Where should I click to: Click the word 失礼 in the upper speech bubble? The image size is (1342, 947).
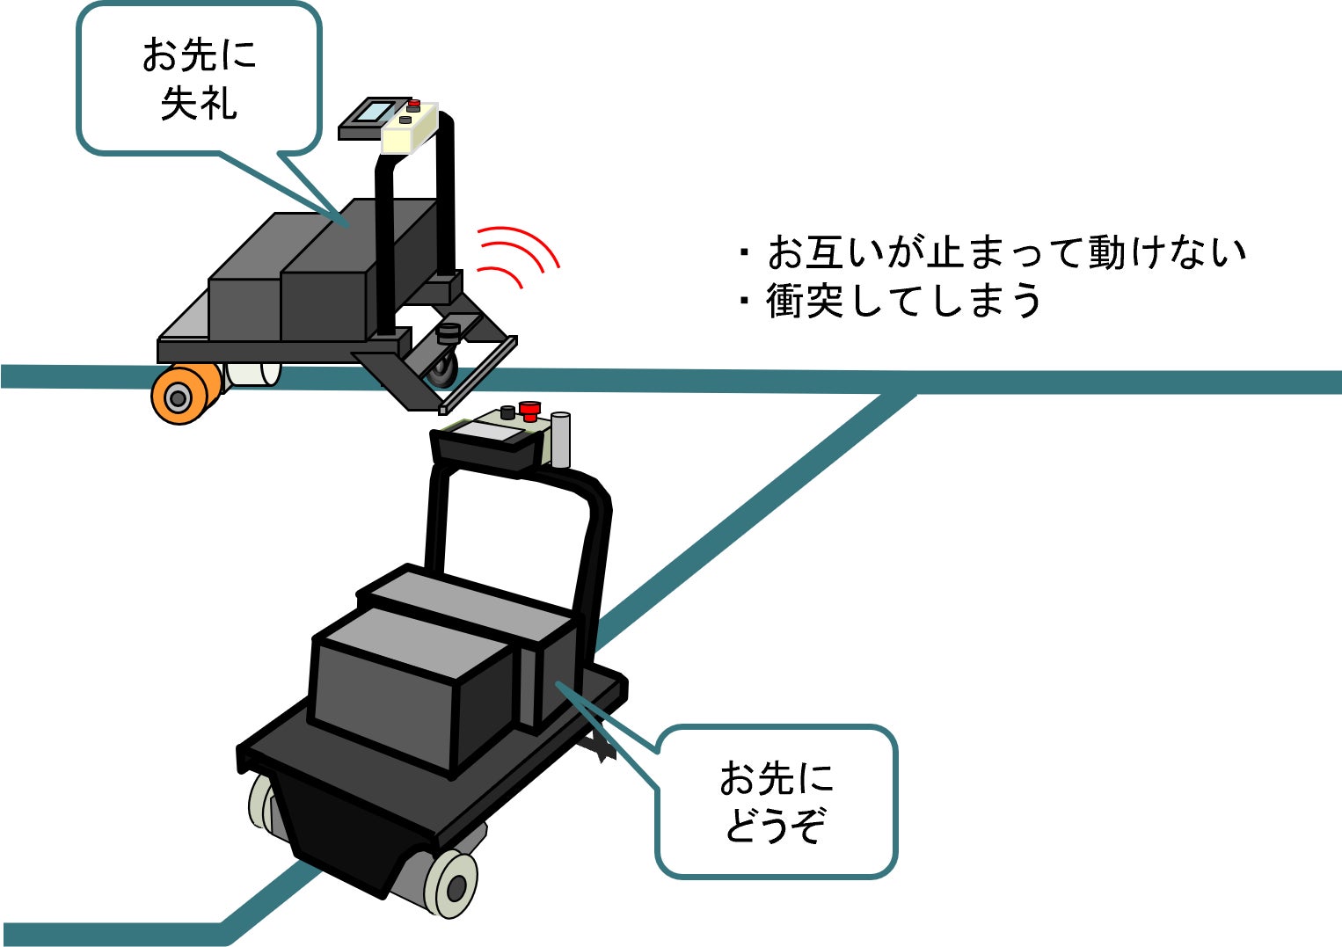(x=199, y=104)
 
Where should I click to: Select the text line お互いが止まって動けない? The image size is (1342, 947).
(x=1006, y=252)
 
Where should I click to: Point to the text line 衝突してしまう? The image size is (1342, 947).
(x=903, y=301)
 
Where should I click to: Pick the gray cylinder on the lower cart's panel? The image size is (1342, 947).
(x=560, y=440)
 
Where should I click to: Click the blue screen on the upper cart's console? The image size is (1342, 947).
(x=376, y=112)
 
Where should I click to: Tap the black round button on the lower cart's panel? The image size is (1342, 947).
(x=507, y=412)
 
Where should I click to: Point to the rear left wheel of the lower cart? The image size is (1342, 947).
(x=261, y=802)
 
